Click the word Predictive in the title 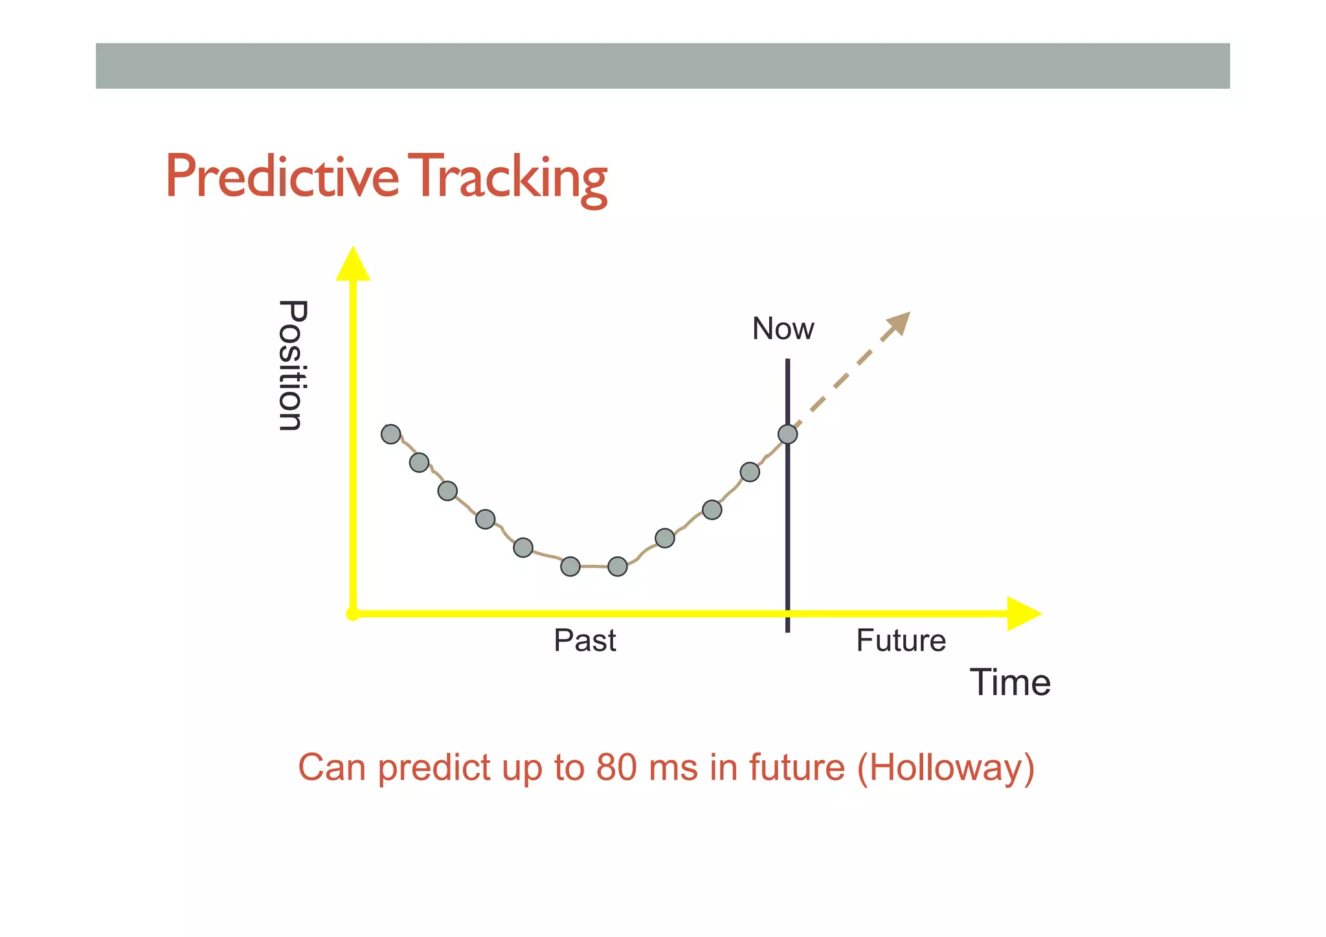(282, 177)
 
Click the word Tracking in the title (510, 178)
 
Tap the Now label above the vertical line (783, 329)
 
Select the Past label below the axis (585, 640)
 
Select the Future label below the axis (901, 640)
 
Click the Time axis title (1009, 683)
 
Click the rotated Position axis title (292, 365)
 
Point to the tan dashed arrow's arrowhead (900, 322)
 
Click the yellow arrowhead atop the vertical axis (353, 265)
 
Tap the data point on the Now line (787, 434)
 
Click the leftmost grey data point (391, 434)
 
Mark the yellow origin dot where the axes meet (353, 614)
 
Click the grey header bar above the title (662, 66)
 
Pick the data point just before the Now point (750, 472)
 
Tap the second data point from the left (420, 462)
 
